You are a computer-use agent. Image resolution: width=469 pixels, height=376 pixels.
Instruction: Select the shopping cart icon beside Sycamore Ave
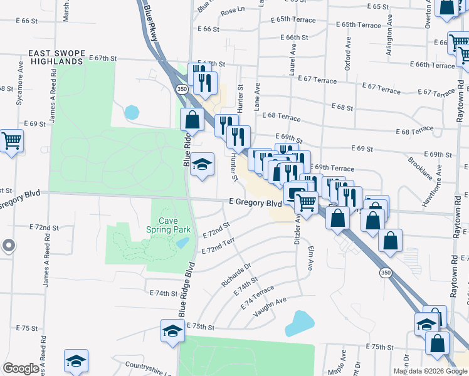tap(11, 140)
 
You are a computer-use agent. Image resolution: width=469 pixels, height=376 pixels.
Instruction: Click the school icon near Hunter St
tap(202, 165)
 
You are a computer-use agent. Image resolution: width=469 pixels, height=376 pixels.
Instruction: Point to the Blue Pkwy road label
tap(150, 25)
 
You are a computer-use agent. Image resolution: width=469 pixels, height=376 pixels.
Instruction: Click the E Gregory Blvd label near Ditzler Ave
tap(255, 203)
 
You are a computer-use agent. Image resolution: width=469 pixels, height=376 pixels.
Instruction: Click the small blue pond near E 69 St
tap(132, 113)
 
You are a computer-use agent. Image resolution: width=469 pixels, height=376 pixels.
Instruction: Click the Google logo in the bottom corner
tap(21, 368)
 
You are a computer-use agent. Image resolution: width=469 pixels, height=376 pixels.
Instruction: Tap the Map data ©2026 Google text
tap(430, 371)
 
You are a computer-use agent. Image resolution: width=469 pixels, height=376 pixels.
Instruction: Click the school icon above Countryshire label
tap(76, 361)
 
